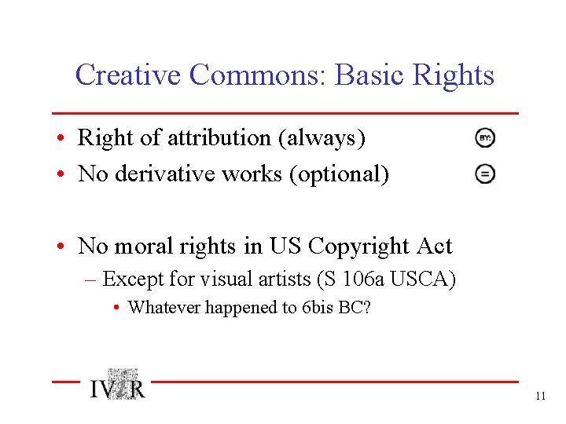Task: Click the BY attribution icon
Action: tap(485, 138)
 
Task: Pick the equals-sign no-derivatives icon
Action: tap(485, 174)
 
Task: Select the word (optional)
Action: tap(339, 174)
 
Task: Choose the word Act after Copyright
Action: tap(435, 247)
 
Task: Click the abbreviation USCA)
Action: tap(424, 279)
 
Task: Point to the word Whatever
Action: tap(164, 307)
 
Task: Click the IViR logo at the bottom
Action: tap(117, 386)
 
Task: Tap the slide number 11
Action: tap(540, 397)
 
